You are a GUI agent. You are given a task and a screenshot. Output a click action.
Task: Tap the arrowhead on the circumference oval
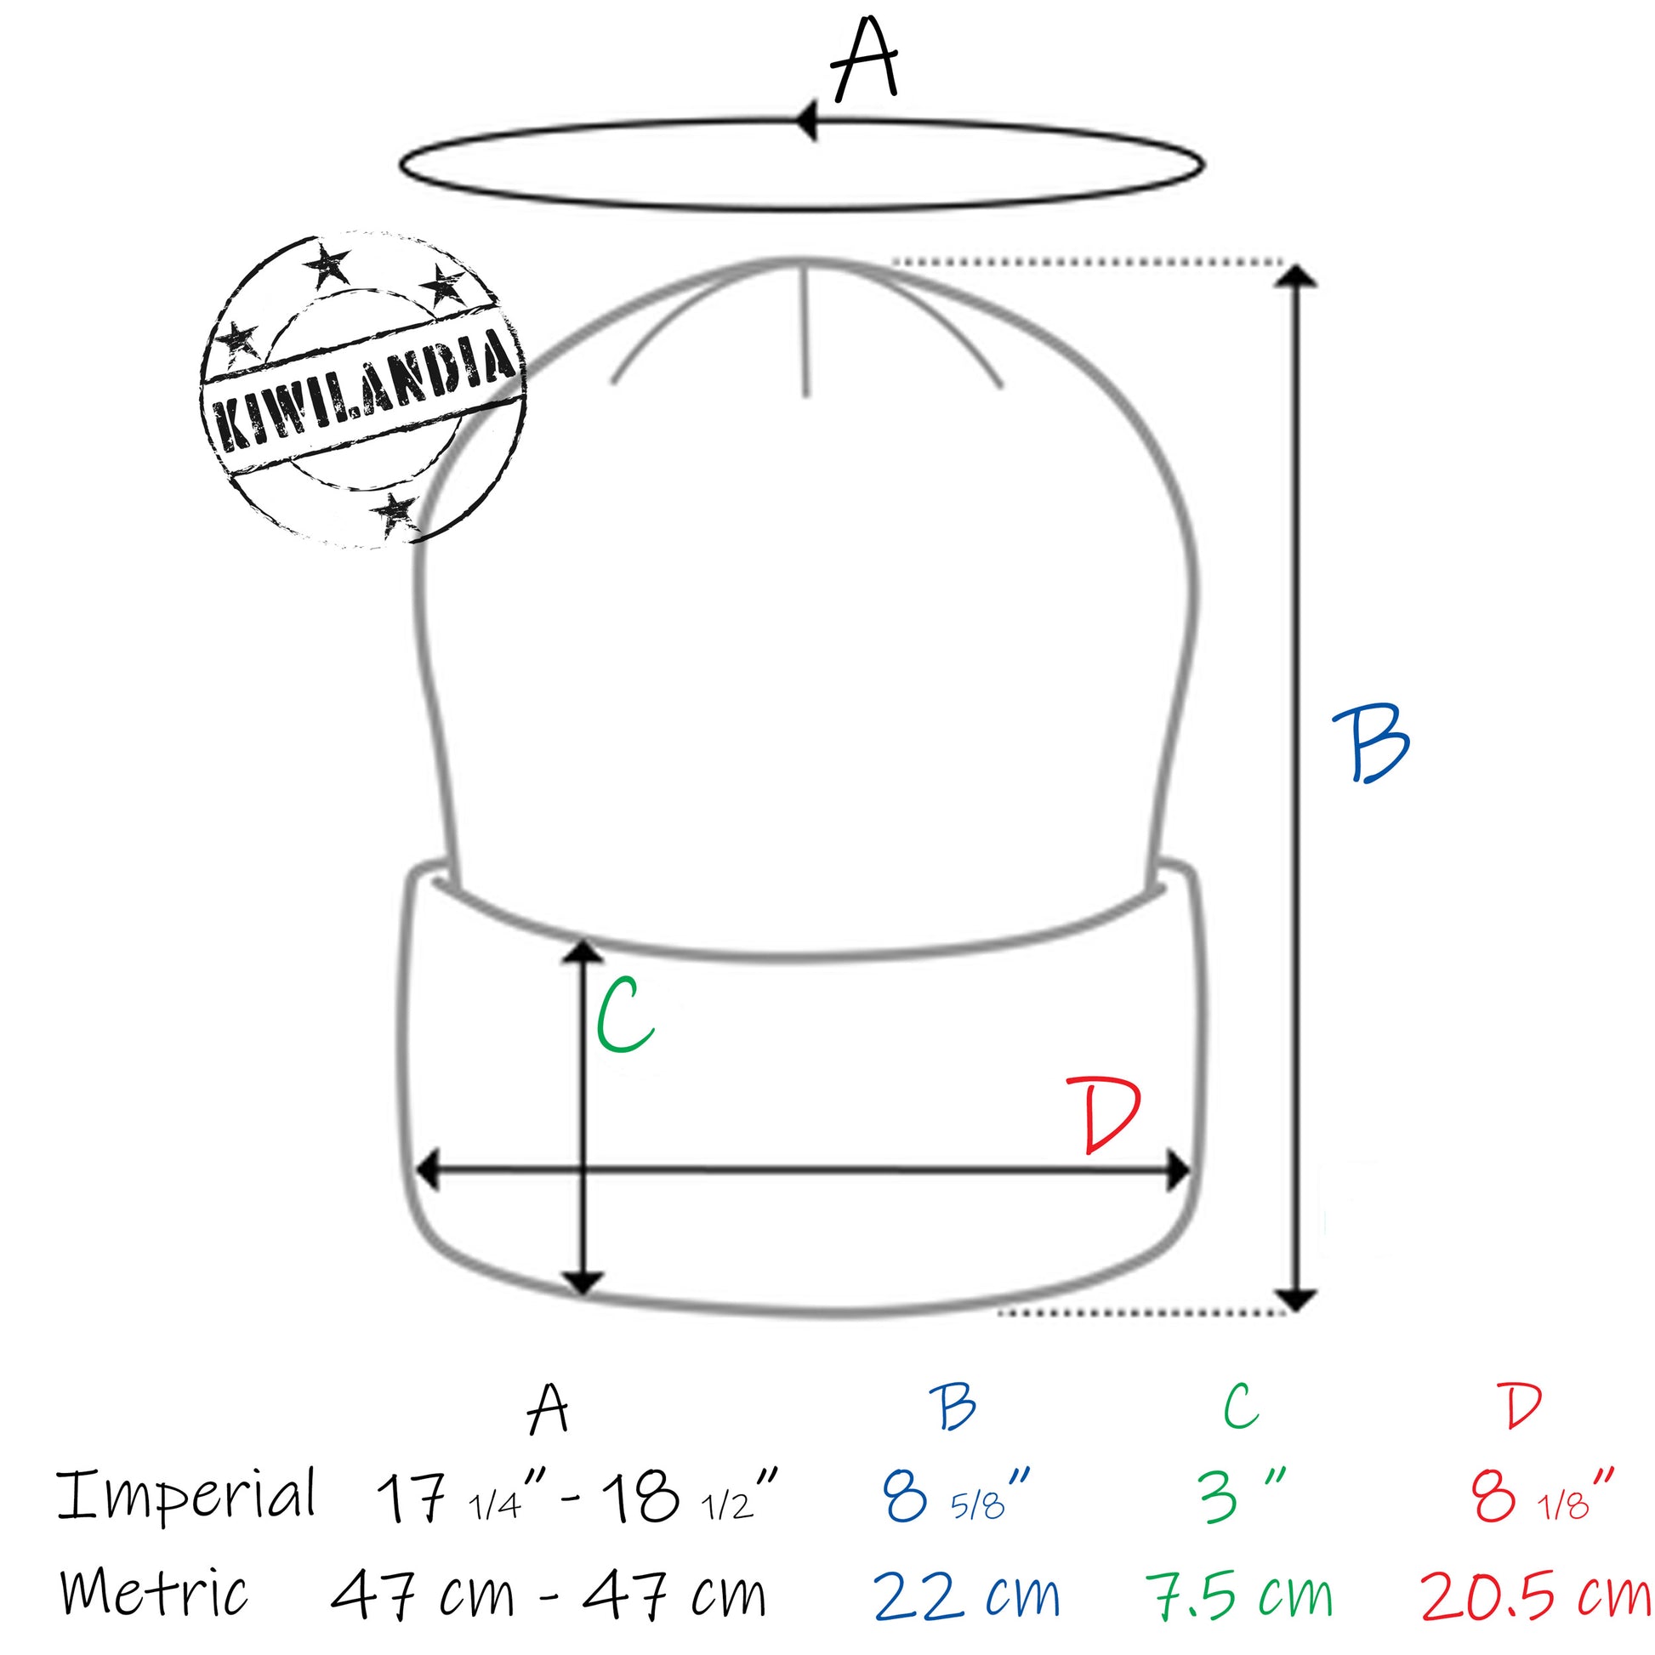click(x=808, y=121)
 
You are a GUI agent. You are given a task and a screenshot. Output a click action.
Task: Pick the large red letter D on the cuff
click(x=1110, y=1115)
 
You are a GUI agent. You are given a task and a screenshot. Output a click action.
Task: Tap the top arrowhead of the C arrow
click(x=584, y=950)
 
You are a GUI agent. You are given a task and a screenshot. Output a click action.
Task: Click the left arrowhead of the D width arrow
click(x=428, y=1170)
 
